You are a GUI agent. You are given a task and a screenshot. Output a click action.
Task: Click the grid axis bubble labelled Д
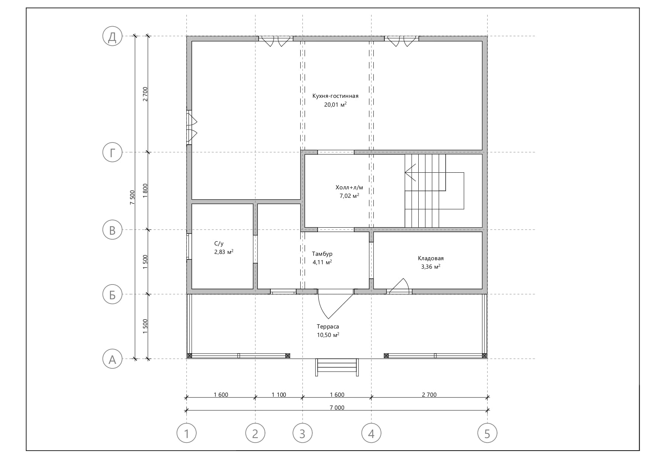tap(112, 37)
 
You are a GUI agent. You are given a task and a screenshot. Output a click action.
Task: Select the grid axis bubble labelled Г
tap(112, 152)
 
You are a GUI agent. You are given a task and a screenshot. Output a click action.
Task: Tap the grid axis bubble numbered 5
tap(487, 433)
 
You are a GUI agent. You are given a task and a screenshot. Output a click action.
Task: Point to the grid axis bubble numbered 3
tap(302, 433)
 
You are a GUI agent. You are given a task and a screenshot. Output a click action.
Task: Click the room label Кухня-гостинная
tap(335, 96)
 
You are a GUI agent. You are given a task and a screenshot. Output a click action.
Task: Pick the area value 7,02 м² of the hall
tap(349, 196)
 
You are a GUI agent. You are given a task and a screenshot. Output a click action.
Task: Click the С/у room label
tap(219, 244)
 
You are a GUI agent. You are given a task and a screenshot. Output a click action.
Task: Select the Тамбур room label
tap(322, 254)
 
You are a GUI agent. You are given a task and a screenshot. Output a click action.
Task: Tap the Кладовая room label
tap(430, 258)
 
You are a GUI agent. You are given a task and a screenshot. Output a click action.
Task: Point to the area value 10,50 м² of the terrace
tap(328, 335)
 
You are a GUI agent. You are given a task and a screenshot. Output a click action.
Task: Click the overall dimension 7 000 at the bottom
tap(337, 407)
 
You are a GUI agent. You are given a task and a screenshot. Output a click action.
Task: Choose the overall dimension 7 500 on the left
tap(132, 197)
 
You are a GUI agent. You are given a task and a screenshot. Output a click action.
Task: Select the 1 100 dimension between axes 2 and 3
tap(279, 395)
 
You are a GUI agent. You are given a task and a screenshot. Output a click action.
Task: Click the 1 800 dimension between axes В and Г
tap(145, 191)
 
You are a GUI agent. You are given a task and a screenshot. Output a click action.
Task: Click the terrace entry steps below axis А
tap(337, 367)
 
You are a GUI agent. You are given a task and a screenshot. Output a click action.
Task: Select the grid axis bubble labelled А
tap(112, 359)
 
